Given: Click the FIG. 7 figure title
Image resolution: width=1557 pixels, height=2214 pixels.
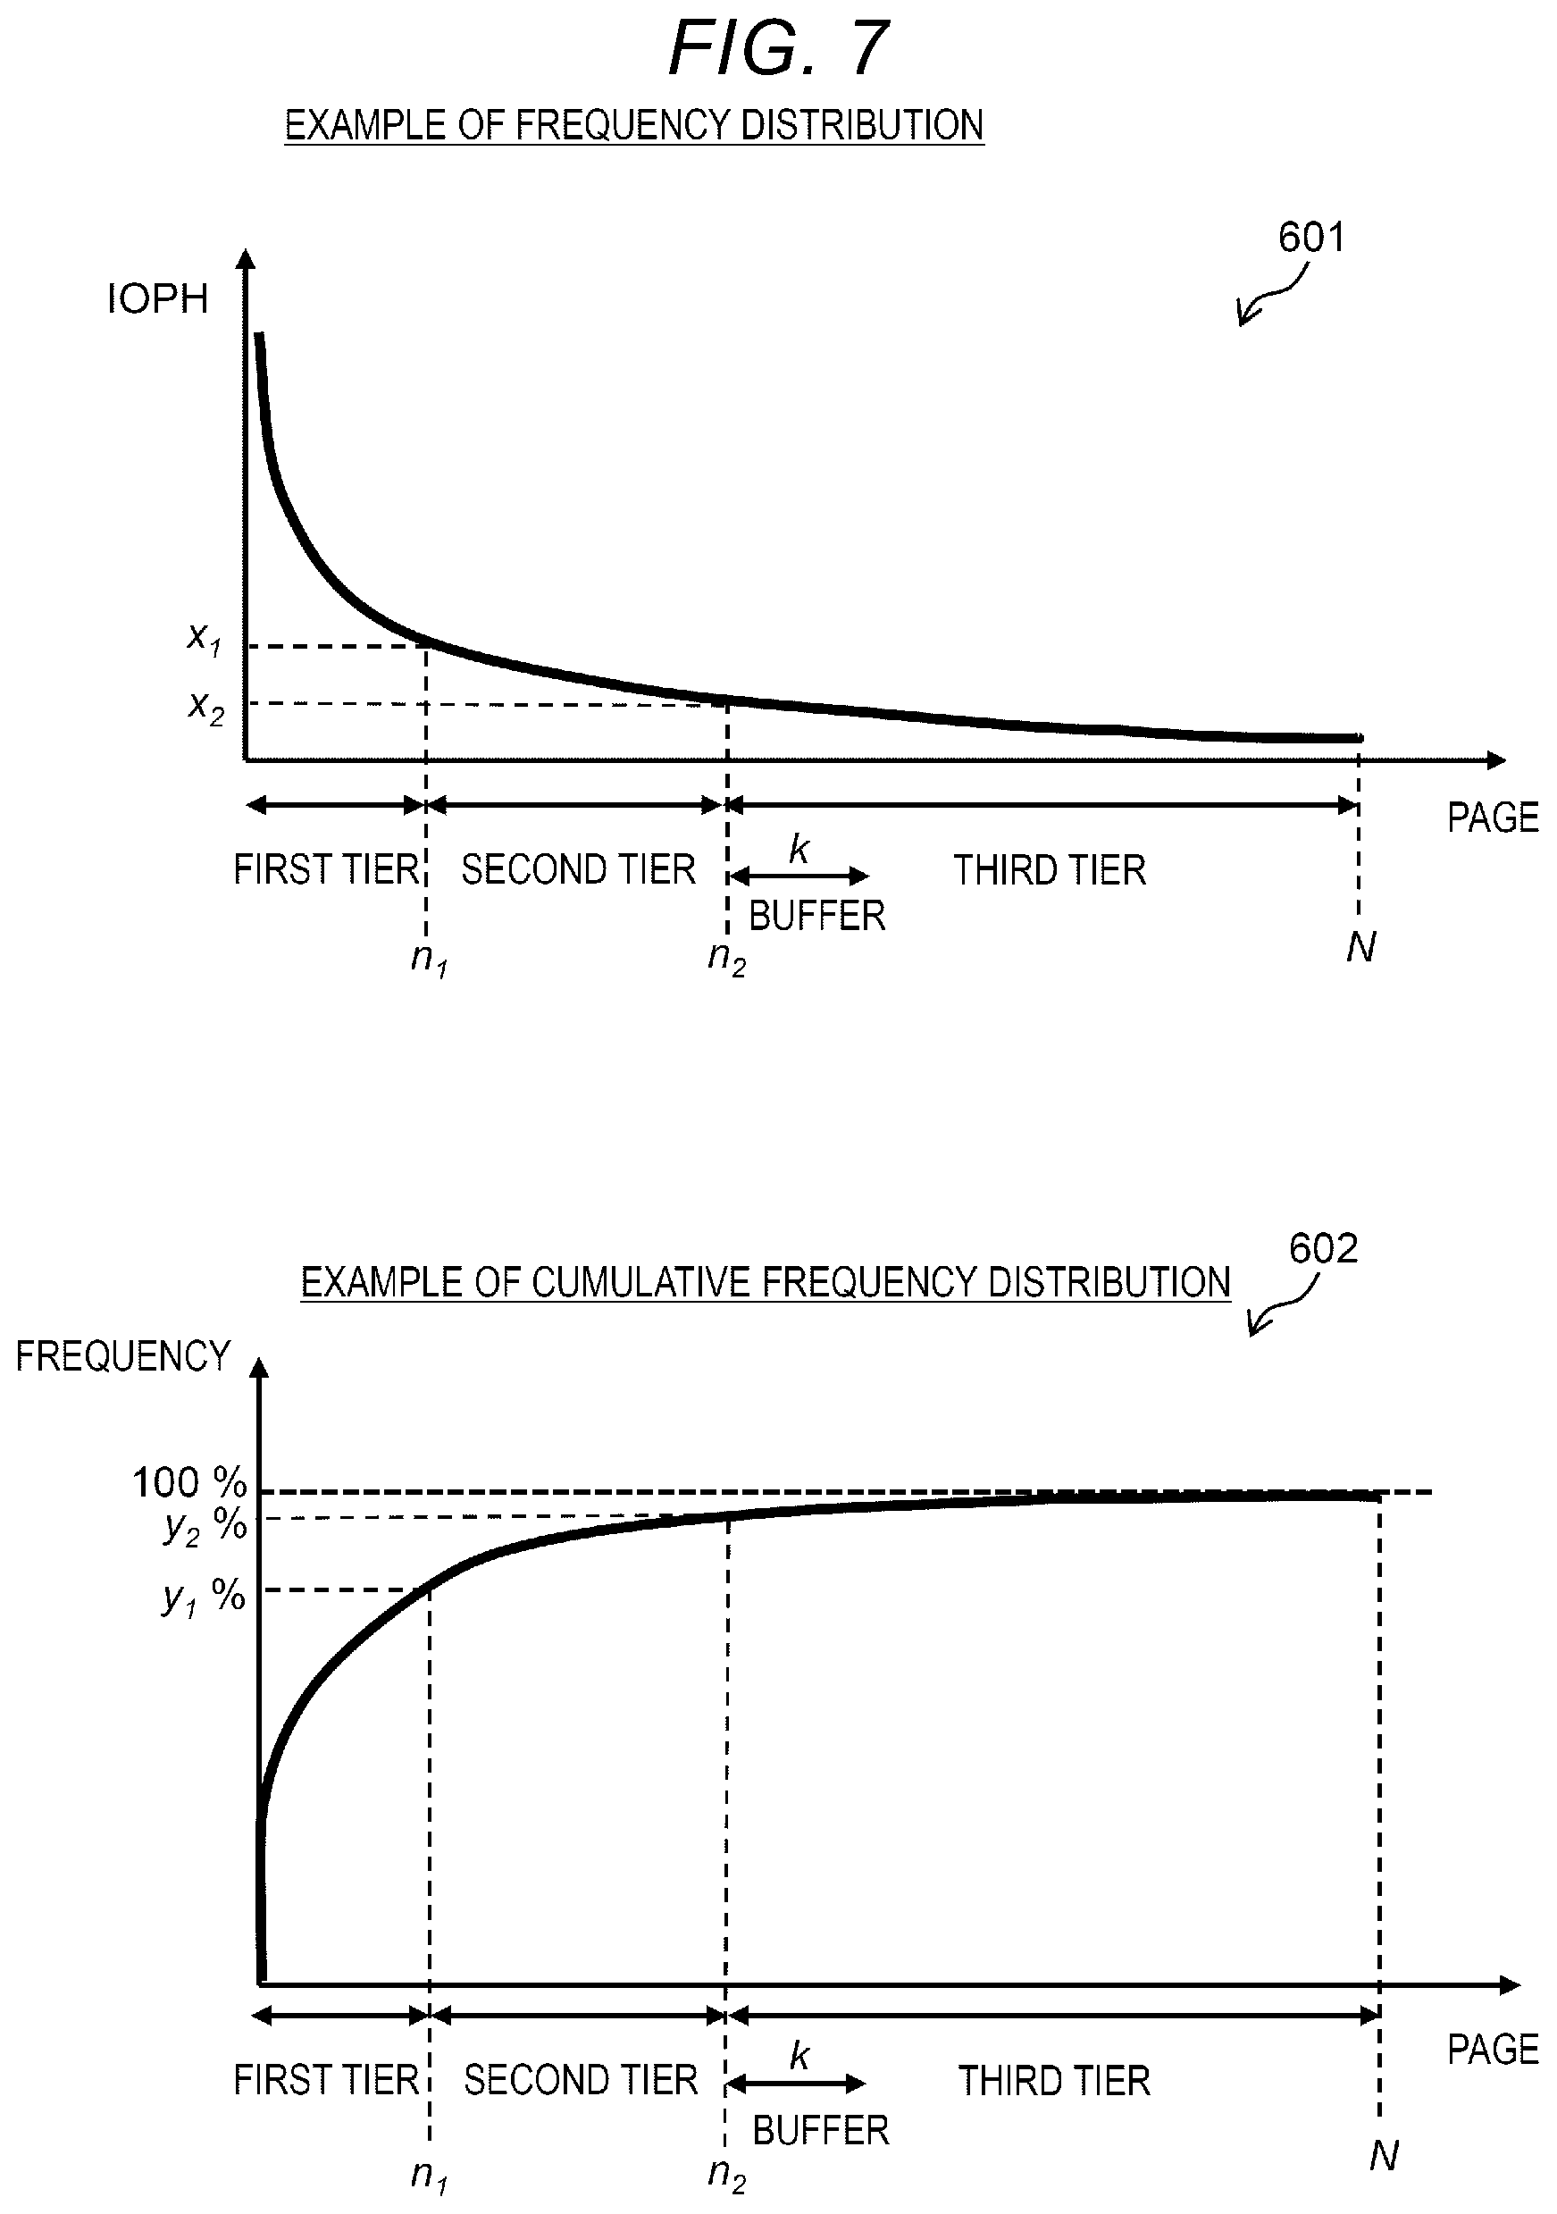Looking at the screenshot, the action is tap(778, 48).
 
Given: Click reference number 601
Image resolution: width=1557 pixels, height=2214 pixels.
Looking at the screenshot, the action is tap(1311, 238).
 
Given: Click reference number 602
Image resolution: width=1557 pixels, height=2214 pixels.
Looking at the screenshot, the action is tap(1323, 1249).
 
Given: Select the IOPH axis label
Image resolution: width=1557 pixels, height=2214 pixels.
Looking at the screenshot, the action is tap(157, 299).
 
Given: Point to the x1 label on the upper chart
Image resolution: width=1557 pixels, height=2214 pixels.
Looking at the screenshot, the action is tap(205, 638).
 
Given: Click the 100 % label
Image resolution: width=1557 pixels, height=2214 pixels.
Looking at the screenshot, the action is tap(190, 1482).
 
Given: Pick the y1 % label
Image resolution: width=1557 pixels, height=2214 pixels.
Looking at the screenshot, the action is tap(204, 1598).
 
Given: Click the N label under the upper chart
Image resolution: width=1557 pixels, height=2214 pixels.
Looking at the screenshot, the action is tap(1360, 947).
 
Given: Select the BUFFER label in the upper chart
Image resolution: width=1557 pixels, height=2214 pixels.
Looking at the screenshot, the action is tap(816, 915).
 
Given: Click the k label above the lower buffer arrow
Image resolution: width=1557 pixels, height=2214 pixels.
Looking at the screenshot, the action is tap(799, 2056).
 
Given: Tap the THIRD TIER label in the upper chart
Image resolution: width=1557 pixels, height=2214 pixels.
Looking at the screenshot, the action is tap(1050, 871).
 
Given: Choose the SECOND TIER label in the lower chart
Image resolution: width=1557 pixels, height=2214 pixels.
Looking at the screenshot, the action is tap(581, 2080).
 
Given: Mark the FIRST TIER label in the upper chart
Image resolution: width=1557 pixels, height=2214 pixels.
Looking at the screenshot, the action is tap(326, 870).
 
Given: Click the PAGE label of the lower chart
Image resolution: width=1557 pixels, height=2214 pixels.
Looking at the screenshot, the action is tap(1493, 2049).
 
